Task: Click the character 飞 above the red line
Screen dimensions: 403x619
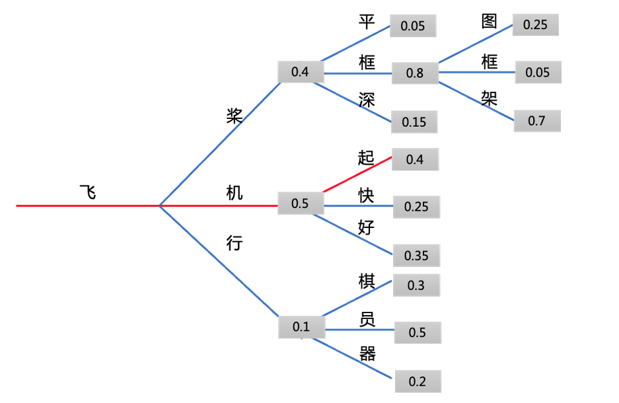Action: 88,192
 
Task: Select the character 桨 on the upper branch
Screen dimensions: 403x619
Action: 235,116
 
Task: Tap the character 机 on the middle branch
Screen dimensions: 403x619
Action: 235,193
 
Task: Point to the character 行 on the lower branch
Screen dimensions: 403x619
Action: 235,244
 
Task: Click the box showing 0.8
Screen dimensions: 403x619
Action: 415,73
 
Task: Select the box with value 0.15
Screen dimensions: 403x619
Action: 415,122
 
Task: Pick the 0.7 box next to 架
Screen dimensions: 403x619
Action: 537,121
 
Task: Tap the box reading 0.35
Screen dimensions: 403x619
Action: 416,255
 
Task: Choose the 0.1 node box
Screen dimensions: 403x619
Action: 301,326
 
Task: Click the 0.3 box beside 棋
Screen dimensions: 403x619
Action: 416,285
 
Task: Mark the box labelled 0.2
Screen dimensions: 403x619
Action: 418,381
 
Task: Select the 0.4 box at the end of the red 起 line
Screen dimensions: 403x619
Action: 415,159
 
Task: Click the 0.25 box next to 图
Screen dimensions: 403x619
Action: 535,24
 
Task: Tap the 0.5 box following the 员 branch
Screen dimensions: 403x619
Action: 418,332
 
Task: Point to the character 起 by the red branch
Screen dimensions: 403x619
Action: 366,157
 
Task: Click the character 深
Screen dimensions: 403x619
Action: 367,100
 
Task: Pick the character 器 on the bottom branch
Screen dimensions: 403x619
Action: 367,353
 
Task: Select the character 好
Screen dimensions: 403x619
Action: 367,228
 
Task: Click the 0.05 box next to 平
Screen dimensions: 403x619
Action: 413,26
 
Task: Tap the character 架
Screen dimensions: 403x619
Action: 490,98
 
